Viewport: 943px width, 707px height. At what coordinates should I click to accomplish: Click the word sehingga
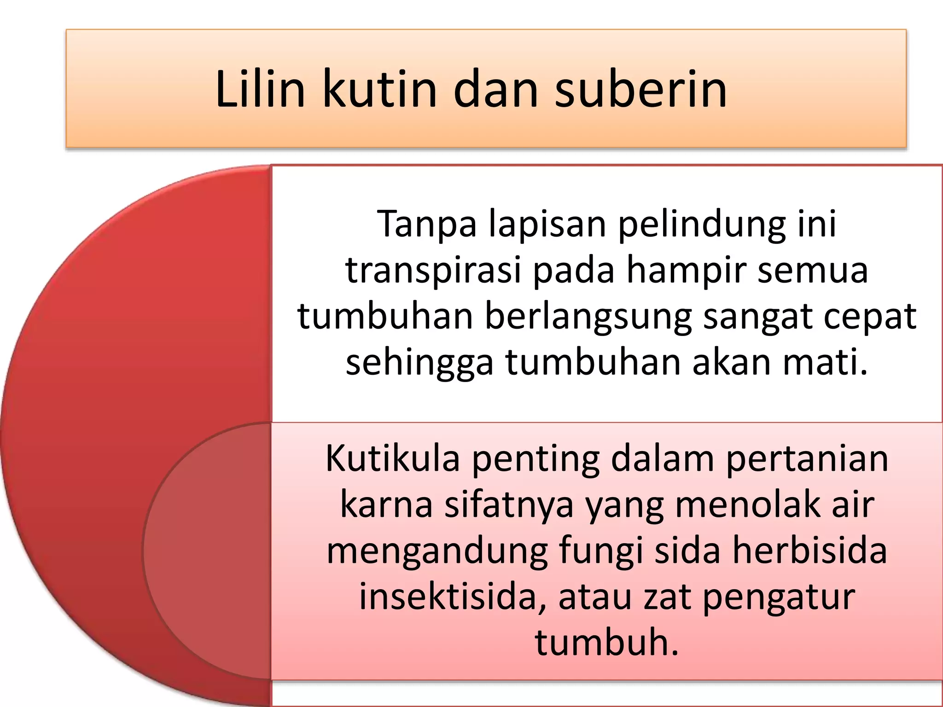(419, 364)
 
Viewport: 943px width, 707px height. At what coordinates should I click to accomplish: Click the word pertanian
(807, 460)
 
